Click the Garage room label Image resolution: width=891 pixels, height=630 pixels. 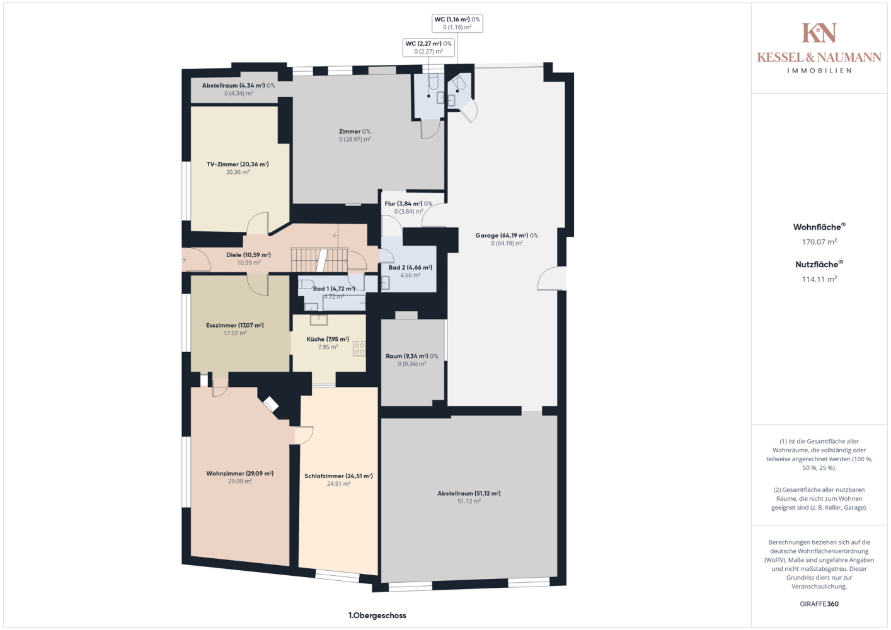(507, 236)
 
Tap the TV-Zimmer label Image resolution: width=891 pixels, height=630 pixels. (238, 164)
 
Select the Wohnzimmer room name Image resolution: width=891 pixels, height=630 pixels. (240, 473)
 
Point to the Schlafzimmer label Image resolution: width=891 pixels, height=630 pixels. (338, 476)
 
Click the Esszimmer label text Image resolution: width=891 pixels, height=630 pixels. (234, 325)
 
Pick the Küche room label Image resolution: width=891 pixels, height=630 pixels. (328, 340)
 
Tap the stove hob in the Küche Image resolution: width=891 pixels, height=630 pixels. (359, 349)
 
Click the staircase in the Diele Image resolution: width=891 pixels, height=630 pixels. (319, 260)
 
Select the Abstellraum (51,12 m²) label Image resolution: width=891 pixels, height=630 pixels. (469, 493)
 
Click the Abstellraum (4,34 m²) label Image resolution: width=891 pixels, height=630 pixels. (238, 86)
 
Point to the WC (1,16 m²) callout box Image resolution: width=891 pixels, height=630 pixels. (457, 23)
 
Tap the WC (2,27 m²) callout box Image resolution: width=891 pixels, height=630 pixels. (428, 47)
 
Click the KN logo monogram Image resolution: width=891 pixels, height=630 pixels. (819, 33)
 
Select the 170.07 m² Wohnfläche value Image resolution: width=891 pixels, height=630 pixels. (819, 242)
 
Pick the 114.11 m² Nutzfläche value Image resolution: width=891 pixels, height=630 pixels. (819, 279)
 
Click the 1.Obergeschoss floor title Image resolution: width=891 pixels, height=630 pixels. (377, 616)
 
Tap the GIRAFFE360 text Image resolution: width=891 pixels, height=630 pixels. (819, 604)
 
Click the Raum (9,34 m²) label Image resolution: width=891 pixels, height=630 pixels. (411, 356)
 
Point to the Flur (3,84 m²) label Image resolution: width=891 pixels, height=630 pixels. (408, 203)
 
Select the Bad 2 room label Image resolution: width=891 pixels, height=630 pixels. (410, 268)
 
